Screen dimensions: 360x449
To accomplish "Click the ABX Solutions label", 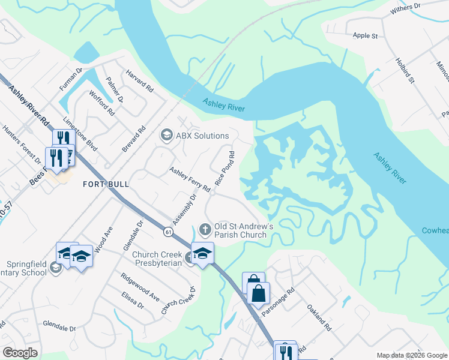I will click(x=202, y=136).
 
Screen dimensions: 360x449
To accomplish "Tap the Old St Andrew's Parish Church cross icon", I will click(x=205, y=229).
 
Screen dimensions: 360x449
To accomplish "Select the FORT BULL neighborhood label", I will click(x=106, y=185).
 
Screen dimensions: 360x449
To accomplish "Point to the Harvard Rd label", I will click(x=139, y=81).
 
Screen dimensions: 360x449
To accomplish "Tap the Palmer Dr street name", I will click(x=114, y=89).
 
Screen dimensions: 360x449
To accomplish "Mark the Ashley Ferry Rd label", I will click(x=189, y=179).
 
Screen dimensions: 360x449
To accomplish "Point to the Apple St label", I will click(x=365, y=36).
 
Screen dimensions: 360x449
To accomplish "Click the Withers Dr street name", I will click(x=406, y=9).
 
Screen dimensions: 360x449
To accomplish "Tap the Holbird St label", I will click(x=405, y=70).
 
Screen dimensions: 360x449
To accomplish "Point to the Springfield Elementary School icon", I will click(x=56, y=268).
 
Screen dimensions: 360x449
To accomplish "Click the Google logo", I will click(x=19, y=353).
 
